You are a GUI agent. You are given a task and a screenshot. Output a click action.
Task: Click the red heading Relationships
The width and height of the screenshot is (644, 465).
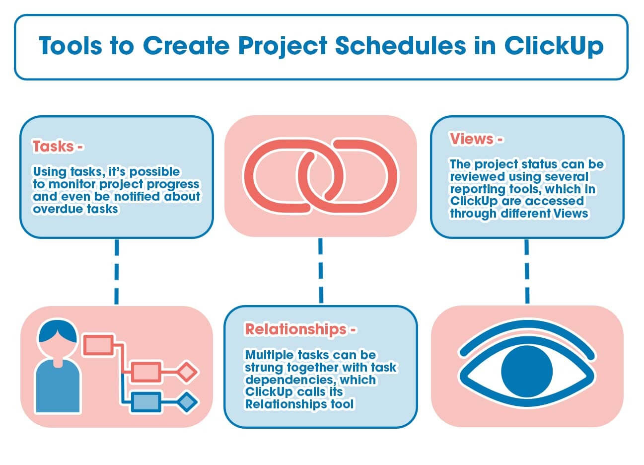click(295, 329)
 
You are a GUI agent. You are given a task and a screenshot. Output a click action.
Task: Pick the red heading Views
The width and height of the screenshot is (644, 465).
click(472, 139)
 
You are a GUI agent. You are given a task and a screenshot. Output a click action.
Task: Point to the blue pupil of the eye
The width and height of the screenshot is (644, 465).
click(527, 371)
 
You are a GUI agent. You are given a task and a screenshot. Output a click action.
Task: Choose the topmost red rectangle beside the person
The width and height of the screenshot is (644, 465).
click(98, 344)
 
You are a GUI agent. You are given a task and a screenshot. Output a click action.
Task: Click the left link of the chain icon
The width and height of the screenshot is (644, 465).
click(281, 176)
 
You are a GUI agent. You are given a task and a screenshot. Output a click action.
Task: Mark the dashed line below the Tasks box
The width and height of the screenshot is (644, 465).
click(117, 271)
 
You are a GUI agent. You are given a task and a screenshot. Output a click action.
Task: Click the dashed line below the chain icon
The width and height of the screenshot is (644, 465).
click(321, 271)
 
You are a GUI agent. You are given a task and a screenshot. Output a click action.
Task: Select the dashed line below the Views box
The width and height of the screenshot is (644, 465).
click(527, 271)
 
